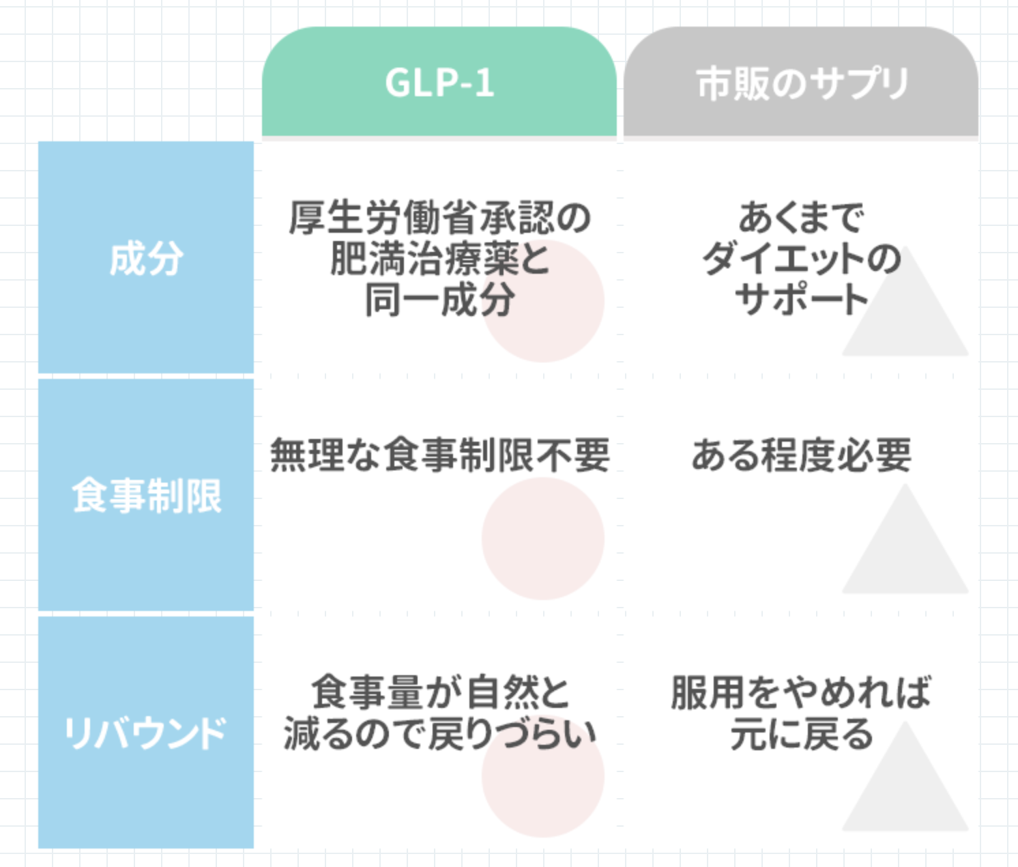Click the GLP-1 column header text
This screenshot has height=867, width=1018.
(x=439, y=83)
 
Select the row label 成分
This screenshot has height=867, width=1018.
(x=146, y=259)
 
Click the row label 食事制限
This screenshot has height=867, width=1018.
(x=146, y=496)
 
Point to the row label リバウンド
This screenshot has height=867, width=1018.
(x=145, y=733)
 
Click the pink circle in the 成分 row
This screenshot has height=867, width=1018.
(x=542, y=301)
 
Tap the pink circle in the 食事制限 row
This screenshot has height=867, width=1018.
(x=542, y=538)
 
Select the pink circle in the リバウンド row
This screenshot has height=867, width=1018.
(x=542, y=776)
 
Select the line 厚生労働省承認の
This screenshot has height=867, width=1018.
(x=440, y=217)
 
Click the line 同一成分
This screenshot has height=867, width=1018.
(x=440, y=300)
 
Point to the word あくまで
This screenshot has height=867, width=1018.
(x=802, y=217)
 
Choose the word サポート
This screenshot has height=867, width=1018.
(x=802, y=300)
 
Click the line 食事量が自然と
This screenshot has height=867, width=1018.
(x=440, y=692)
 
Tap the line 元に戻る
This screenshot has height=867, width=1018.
(x=802, y=733)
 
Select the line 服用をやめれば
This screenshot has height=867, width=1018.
(x=802, y=692)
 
